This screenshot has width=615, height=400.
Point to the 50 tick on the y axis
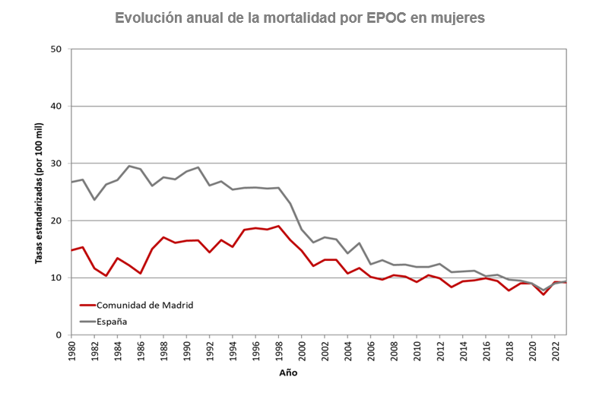56,49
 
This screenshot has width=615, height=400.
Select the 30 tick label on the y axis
56,163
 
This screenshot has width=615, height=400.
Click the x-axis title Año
287,373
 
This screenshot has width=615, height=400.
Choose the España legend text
111,321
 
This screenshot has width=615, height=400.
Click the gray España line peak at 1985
129,166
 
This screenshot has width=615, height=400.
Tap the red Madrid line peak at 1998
278,226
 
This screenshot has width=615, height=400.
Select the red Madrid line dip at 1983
106,275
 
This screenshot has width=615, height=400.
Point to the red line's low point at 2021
543,294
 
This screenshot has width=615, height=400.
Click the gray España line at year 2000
302,230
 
